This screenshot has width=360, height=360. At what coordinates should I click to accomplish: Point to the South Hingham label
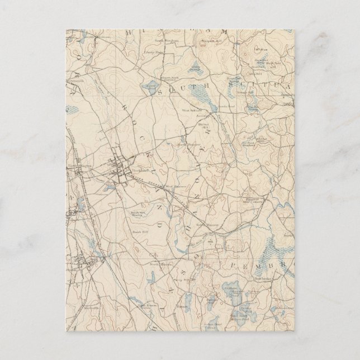coord(168,40)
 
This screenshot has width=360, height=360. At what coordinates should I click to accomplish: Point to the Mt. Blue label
coord(258,49)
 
